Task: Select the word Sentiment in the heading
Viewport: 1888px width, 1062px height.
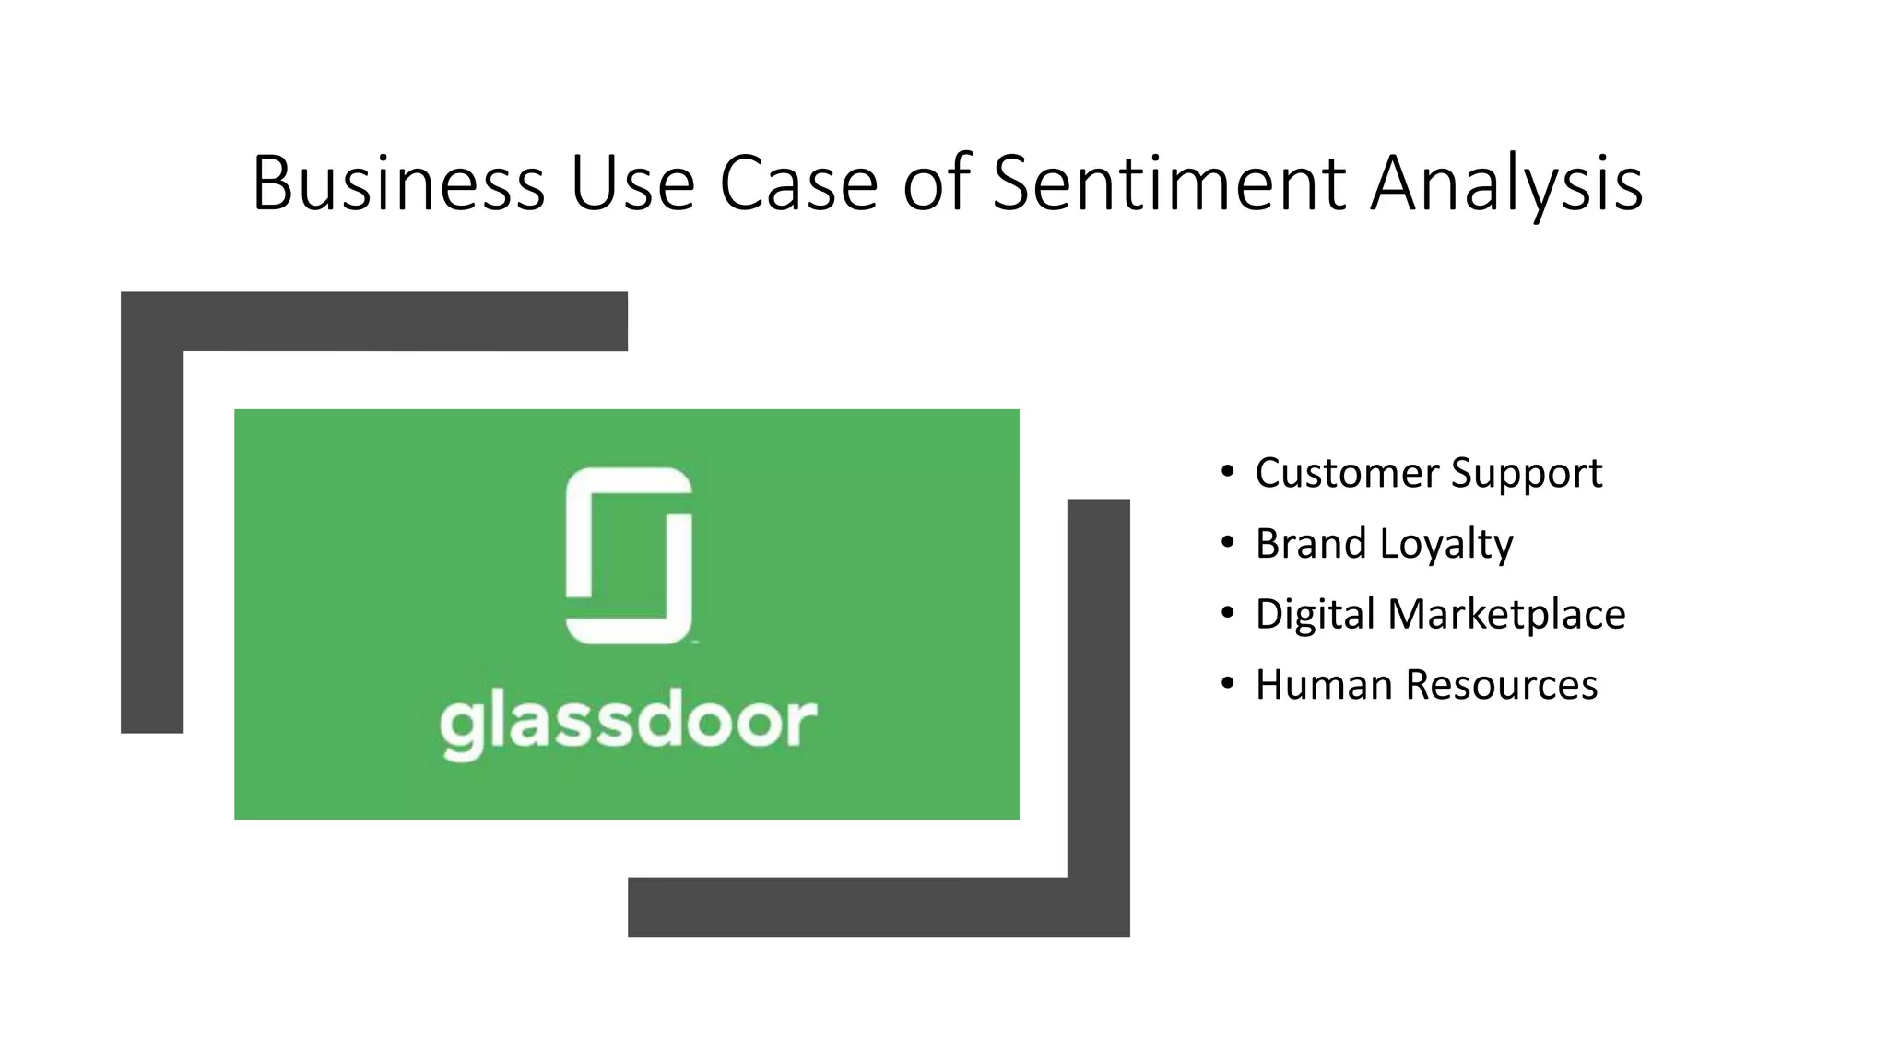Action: click(1169, 183)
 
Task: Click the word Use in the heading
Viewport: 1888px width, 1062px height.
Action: click(632, 183)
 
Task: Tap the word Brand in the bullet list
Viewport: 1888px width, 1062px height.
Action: click(1310, 544)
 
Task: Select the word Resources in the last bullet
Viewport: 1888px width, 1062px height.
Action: click(1502, 685)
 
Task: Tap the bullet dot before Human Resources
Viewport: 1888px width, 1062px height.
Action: click(1226, 684)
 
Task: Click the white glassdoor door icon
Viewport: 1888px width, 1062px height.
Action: click(629, 555)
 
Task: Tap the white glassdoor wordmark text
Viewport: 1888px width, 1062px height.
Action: click(629, 723)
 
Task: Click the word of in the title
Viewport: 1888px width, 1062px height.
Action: click(936, 183)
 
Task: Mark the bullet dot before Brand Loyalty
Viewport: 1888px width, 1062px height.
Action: click(1226, 543)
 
